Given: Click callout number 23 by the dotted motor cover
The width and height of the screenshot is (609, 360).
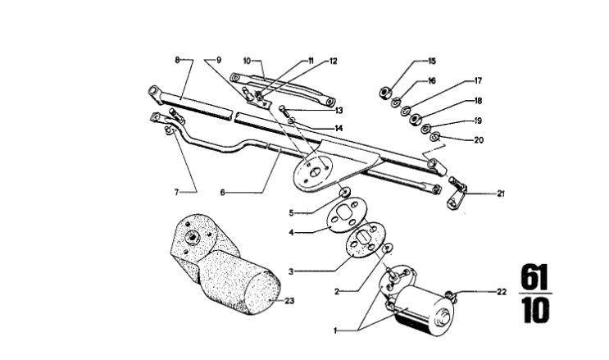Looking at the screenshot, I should tap(289, 300).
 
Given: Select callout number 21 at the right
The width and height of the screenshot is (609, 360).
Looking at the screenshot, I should tap(500, 194).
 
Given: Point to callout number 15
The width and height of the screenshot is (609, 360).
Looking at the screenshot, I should tap(432, 62).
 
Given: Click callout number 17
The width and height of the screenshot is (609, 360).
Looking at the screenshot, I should tap(477, 80).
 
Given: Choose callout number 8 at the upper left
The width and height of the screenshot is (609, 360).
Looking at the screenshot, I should tap(176, 60).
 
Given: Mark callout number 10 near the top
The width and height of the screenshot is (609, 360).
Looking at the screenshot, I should tap(247, 60).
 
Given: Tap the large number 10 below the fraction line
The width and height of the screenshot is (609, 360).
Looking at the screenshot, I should tap(535, 312).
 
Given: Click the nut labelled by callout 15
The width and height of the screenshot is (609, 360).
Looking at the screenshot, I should tap(384, 91).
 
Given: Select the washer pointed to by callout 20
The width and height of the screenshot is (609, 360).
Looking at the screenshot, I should tap(435, 135).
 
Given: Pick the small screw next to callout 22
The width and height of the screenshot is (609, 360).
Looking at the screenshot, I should tap(450, 293).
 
